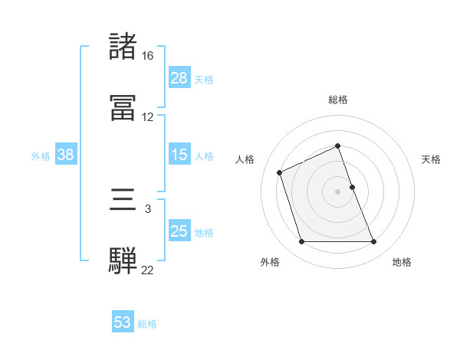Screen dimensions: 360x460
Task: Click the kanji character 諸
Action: coord(123,47)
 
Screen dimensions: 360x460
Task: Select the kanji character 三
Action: coord(123,200)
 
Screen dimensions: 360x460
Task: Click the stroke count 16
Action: coord(147,56)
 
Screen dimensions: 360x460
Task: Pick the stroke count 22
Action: coord(147,270)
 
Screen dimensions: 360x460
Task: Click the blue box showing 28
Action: coord(179,78)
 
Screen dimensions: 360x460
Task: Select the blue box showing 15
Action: coord(179,155)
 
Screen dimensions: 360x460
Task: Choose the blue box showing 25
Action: coord(179,231)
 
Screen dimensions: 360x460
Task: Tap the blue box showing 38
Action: coord(66,155)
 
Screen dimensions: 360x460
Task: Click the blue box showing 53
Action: coord(123,322)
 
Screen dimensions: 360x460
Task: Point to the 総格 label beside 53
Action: coord(147,324)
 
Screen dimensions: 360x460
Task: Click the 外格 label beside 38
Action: coord(41,156)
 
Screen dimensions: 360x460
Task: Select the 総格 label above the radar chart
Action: coord(337,100)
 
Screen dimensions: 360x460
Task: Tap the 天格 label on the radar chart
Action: coord(432,159)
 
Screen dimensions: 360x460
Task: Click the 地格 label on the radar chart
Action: coord(402,262)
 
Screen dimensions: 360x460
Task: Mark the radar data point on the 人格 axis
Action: coord(280,172)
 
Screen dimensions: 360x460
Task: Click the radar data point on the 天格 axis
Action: coord(352,186)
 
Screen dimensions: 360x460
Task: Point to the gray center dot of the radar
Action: coord(337,191)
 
